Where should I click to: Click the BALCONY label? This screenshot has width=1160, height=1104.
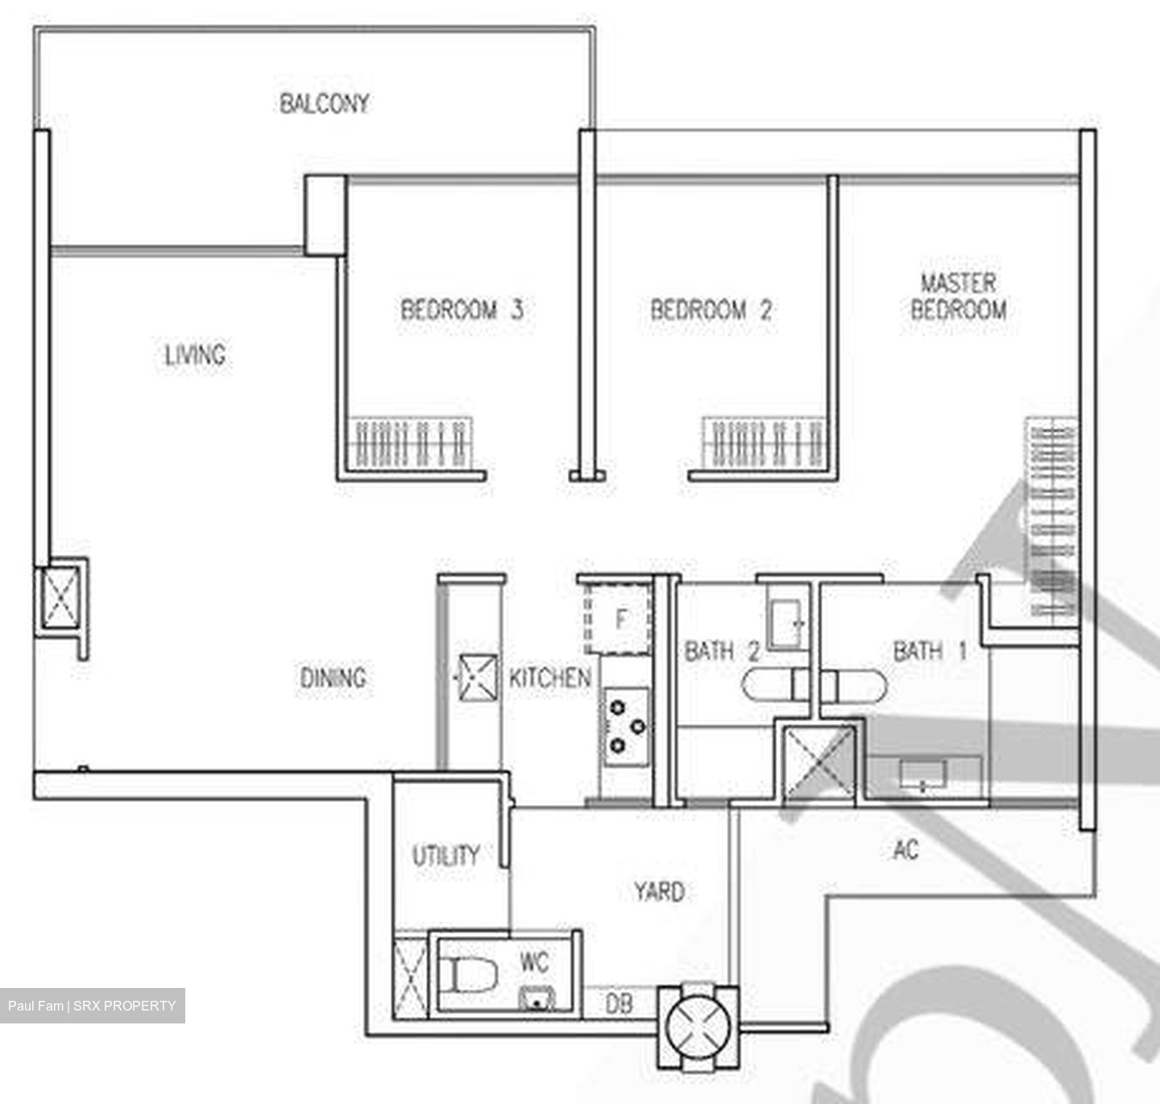click(324, 103)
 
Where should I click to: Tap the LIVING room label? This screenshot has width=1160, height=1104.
click(195, 355)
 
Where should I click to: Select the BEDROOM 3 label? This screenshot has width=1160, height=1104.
click(462, 309)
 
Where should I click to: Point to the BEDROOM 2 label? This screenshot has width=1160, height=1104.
click(710, 309)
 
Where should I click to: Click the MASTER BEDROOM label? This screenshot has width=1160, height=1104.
click(958, 297)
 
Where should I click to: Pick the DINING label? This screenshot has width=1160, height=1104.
click(333, 678)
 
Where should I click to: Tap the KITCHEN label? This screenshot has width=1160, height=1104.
click(549, 678)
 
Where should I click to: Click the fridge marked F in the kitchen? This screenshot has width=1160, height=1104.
click(619, 619)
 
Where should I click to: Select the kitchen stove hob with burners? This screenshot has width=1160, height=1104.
click(626, 726)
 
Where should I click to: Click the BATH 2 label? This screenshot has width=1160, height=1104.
click(722, 650)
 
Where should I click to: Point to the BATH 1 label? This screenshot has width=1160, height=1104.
click(930, 650)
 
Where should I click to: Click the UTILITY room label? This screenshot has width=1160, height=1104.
click(445, 855)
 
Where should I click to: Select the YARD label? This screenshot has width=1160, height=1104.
click(658, 891)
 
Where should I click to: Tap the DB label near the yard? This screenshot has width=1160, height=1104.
click(618, 1003)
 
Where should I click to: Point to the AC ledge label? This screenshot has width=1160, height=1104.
click(905, 849)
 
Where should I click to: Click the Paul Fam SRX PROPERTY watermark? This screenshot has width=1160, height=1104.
click(92, 1006)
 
